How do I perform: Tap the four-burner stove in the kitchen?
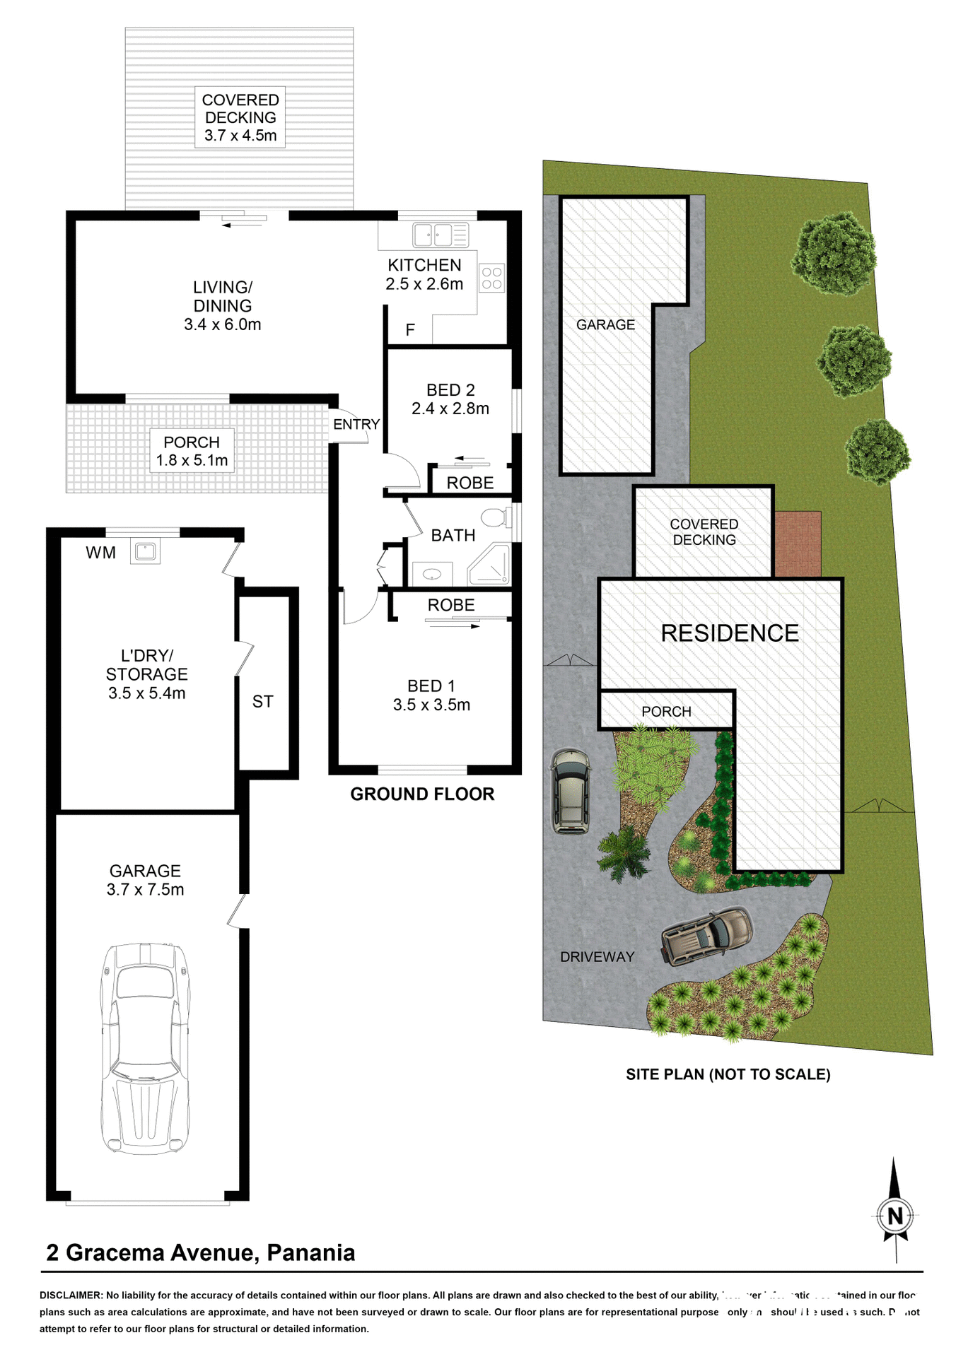click(492, 278)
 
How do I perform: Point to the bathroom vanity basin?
click(432, 574)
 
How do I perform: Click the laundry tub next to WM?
click(146, 551)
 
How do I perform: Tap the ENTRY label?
click(356, 424)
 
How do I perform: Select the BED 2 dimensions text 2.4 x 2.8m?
click(450, 409)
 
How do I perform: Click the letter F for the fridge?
click(410, 330)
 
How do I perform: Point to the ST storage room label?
click(262, 702)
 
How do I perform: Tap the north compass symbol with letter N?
click(895, 1216)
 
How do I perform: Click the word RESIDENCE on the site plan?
click(730, 633)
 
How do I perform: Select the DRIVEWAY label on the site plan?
click(597, 957)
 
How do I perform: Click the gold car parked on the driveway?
click(706, 934)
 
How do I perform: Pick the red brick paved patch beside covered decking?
click(798, 544)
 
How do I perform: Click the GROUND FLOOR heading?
click(422, 794)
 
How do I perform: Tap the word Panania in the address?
click(310, 1253)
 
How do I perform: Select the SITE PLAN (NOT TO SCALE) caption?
click(728, 1074)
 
